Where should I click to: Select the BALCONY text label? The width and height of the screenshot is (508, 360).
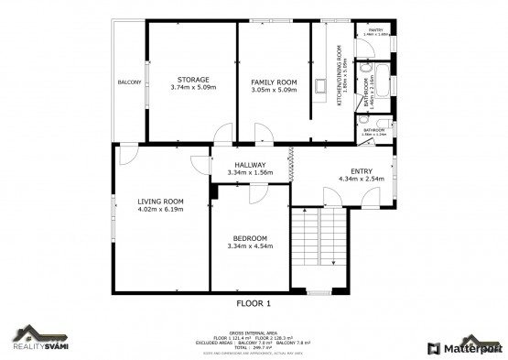129,83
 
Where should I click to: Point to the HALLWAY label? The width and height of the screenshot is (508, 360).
250,165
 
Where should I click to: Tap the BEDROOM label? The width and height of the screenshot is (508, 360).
249,238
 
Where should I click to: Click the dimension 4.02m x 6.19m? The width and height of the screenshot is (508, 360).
160,210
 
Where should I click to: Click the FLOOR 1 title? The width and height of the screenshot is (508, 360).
254,302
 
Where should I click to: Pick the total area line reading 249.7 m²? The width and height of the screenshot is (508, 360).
254,347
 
